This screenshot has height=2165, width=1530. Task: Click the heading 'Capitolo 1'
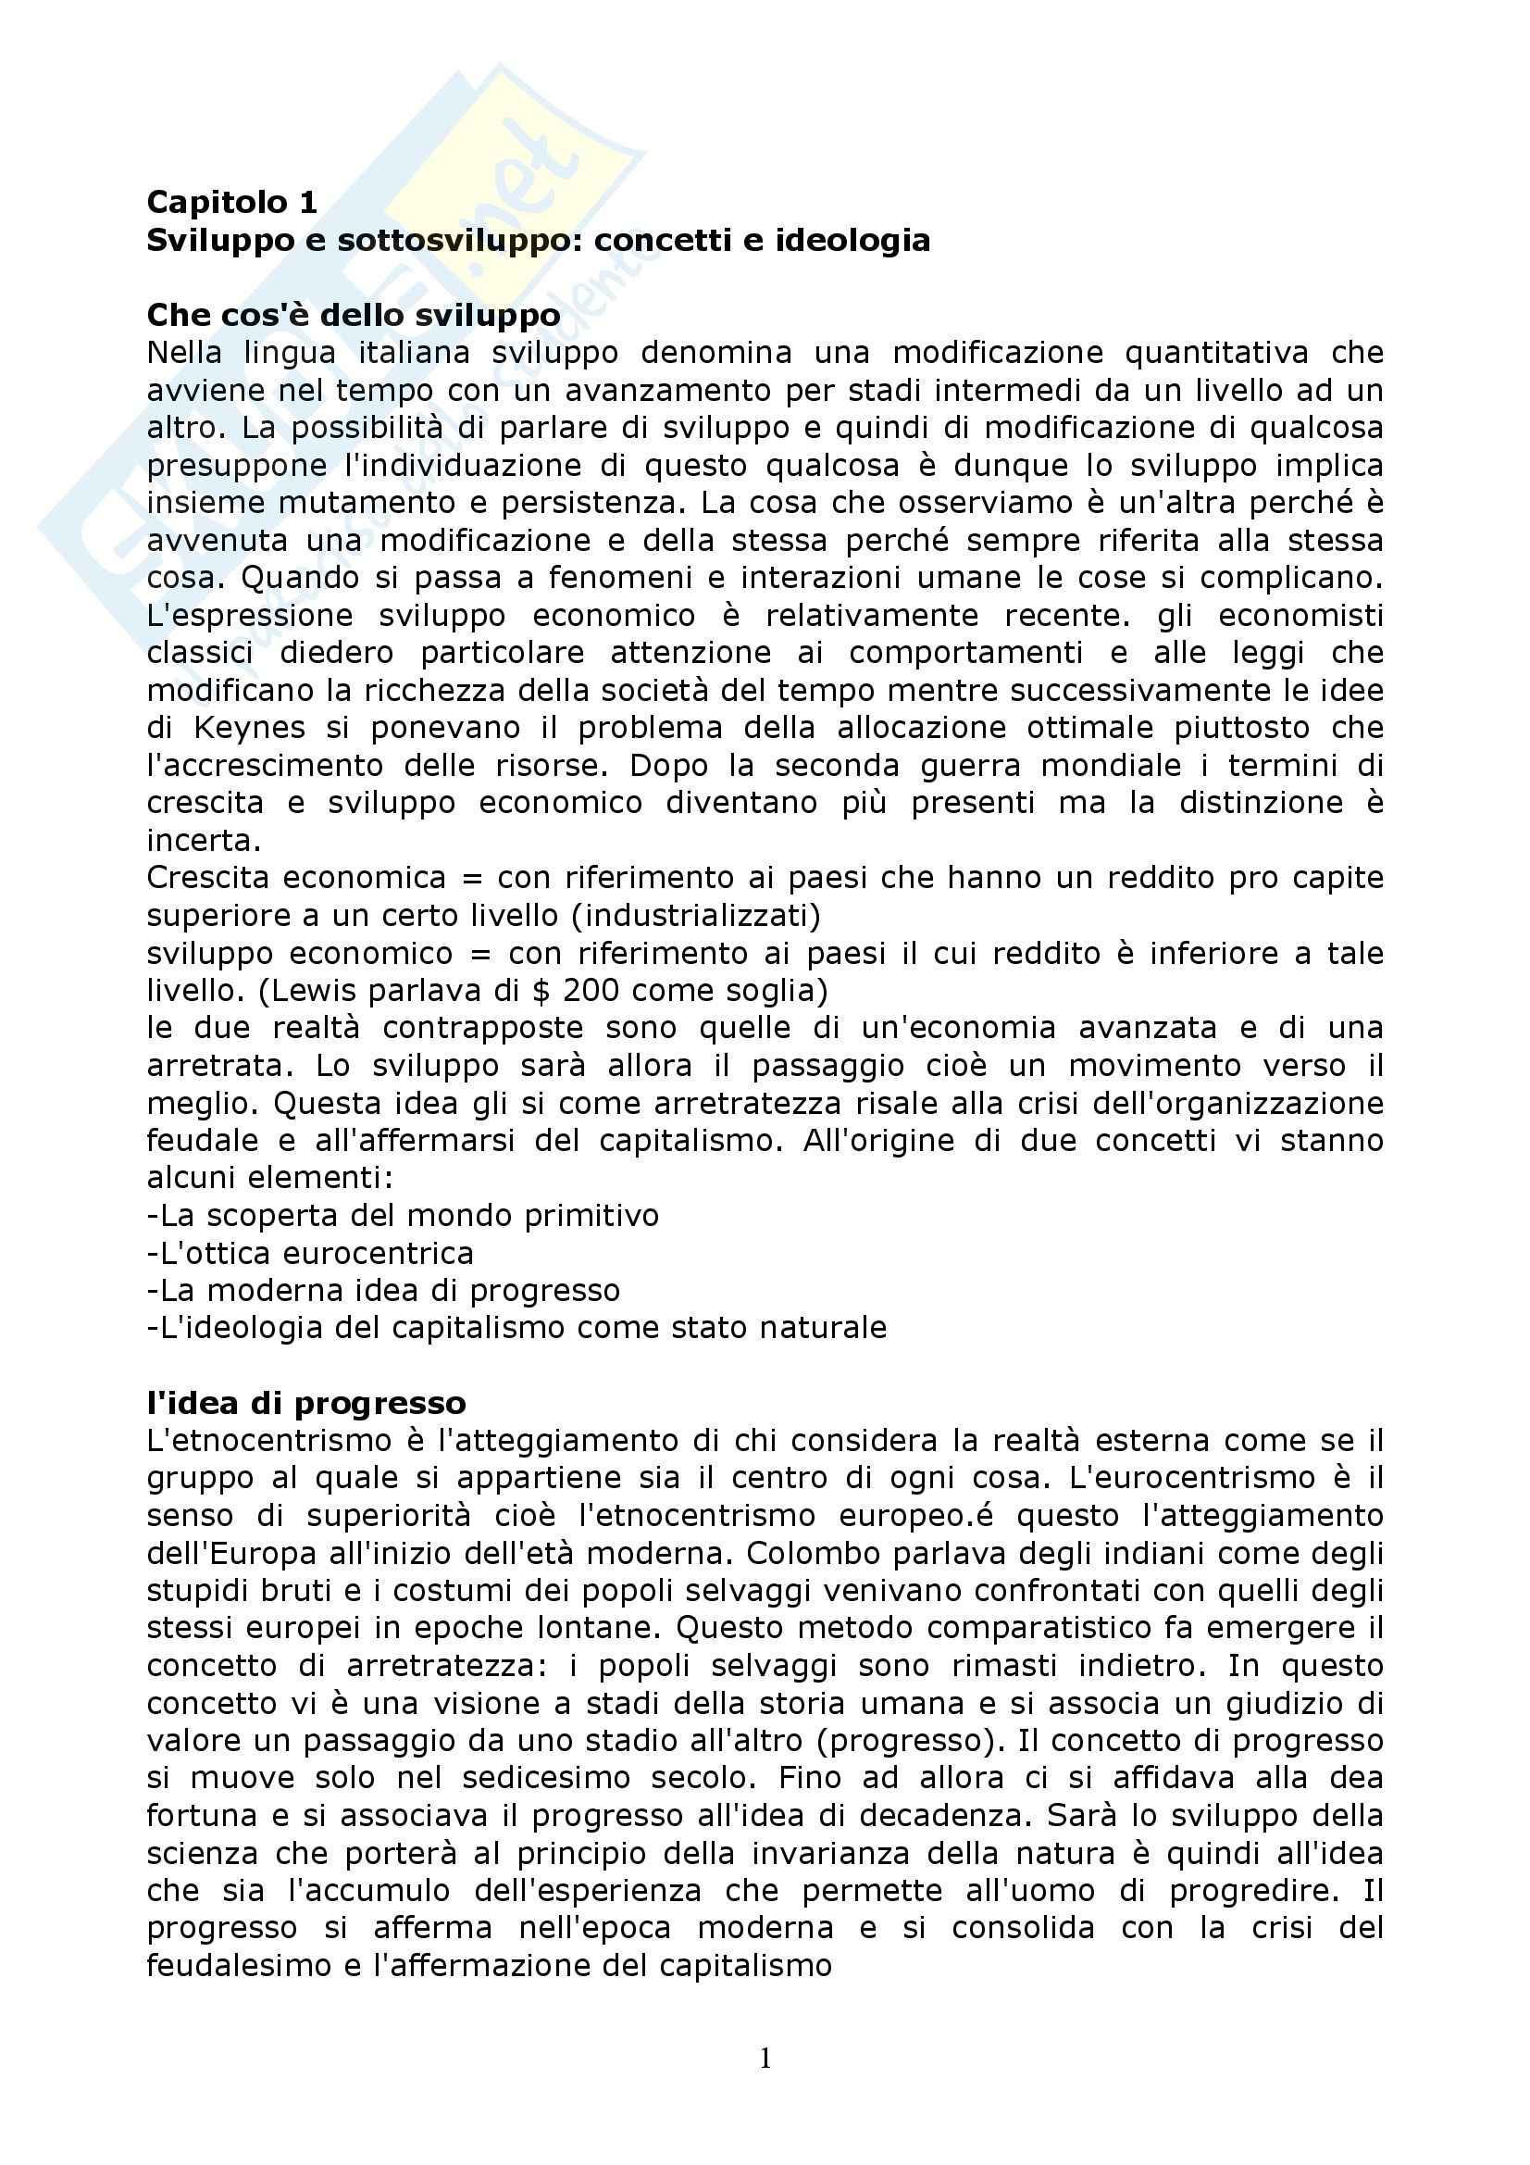click(x=232, y=202)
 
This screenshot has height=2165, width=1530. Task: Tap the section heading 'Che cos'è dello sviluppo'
click(x=354, y=315)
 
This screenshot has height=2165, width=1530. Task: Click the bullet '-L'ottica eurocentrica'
click(x=310, y=1253)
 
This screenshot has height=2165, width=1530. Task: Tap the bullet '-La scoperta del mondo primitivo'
click(x=403, y=1216)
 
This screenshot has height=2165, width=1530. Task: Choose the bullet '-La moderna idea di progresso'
click(x=384, y=1290)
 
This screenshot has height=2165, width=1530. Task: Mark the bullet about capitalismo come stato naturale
click(x=516, y=1328)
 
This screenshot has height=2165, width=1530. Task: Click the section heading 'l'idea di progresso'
click(x=306, y=1403)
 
